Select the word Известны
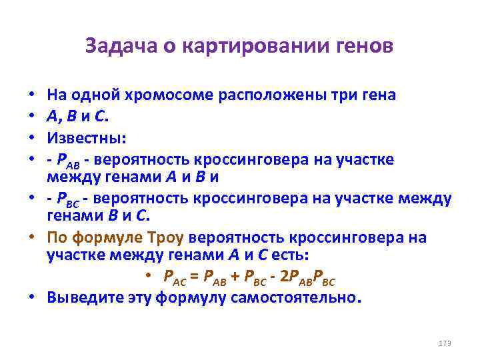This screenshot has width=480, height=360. point(86,139)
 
